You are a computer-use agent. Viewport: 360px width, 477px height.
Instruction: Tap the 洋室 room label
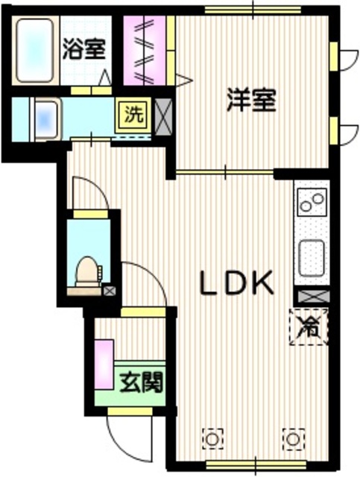pyautogui.click(x=251, y=101)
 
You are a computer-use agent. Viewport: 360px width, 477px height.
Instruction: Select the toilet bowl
pyautogui.click(x=86, y=271)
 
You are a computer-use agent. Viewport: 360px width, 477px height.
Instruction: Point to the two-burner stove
pyautogui.click(x=312, y=201)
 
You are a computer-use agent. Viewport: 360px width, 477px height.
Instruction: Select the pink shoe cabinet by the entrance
pyautogui.click(x=104, y=368)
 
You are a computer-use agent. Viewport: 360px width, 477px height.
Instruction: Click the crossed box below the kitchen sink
pyautogui.click(x=311, y=296)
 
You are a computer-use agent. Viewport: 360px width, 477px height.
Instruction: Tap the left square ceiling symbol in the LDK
pyautogui.click(x=212, y=438)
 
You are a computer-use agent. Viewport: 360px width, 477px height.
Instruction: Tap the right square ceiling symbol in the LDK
pyautogui.click(x=293, y=438)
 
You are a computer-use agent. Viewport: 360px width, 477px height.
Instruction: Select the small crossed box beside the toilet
pyautogui.click(x=110, y=291)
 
